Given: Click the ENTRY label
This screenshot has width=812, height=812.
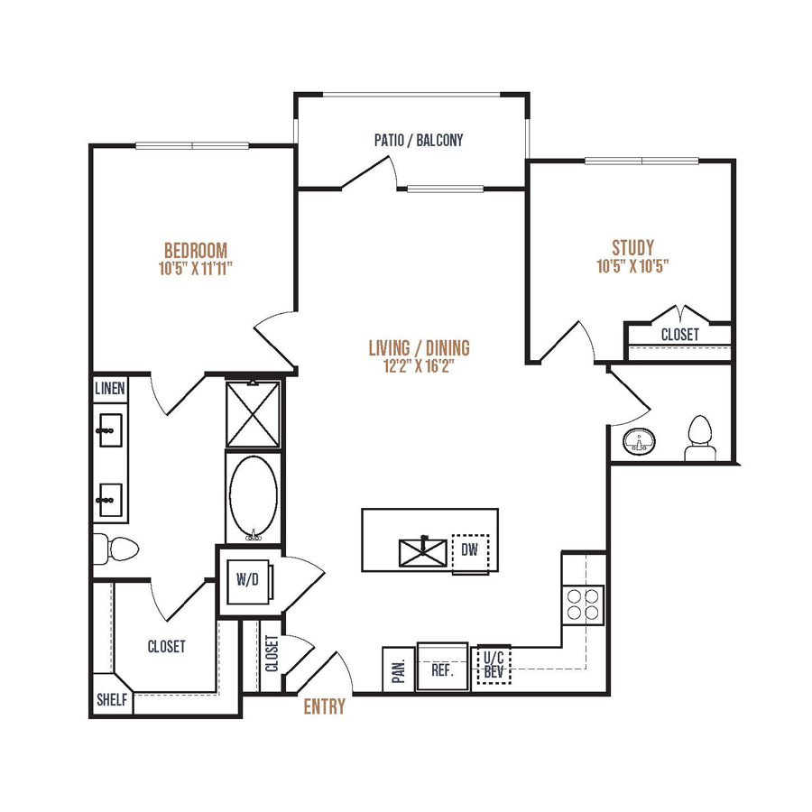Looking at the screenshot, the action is [324, 706].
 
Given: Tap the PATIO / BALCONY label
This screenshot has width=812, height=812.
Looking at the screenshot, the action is [419, 140].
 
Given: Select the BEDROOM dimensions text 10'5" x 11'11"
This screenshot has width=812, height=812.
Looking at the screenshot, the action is [195, 268].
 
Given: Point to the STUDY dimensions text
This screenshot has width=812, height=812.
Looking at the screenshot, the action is [632, 265].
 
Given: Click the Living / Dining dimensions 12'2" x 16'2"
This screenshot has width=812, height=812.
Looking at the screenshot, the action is [419, 365].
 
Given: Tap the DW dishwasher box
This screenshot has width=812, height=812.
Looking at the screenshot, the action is [470, 553].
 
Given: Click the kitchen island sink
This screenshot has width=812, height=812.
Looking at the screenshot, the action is [422, 552].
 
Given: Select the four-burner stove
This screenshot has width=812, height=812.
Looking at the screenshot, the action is [583, 604].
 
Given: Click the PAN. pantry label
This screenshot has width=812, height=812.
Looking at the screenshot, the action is [399, 670].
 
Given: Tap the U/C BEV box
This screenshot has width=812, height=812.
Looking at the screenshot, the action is [494, 665].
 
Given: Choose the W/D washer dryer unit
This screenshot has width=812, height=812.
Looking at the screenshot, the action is [249, 581].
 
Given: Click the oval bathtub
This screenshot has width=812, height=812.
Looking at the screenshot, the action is [254, 498].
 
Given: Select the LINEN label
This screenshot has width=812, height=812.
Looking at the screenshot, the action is [110, 388].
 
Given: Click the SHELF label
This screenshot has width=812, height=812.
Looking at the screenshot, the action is [112, 699].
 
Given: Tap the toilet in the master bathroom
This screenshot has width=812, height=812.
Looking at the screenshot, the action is [116, 549].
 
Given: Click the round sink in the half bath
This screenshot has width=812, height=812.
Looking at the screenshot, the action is [639, 442].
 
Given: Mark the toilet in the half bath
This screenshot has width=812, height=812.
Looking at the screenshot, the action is [700, 438].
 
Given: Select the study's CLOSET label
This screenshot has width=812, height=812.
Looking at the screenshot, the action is [680, 335].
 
